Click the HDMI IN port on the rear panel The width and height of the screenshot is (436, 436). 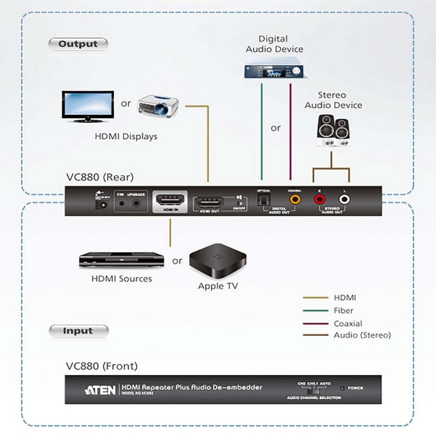click(169, 201)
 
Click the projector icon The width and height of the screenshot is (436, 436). click(158, 105)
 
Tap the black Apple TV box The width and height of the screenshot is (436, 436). click(217, 261)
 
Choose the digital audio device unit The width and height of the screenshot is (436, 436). click(274, 71)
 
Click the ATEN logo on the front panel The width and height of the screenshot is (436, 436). click(100, 390)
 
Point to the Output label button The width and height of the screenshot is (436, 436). click(78, 44)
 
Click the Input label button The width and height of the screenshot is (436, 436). click(78, 331)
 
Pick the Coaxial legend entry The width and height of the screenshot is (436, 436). click(347, 324)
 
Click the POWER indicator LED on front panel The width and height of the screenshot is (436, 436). click(343, 388)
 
